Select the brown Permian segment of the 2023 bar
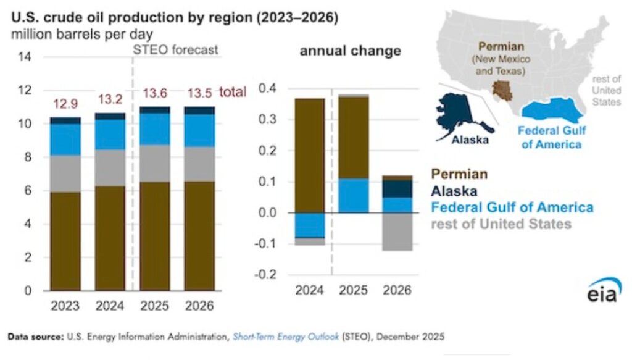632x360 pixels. coord(65,241)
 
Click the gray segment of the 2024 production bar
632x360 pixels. coord(110,167)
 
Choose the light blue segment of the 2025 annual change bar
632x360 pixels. coord(354,196)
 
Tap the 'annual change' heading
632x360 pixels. coord(350,51)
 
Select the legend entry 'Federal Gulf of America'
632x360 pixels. coord(512,207)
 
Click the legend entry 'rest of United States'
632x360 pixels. coord(501,223)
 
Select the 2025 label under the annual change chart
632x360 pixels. coord(354,289)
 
